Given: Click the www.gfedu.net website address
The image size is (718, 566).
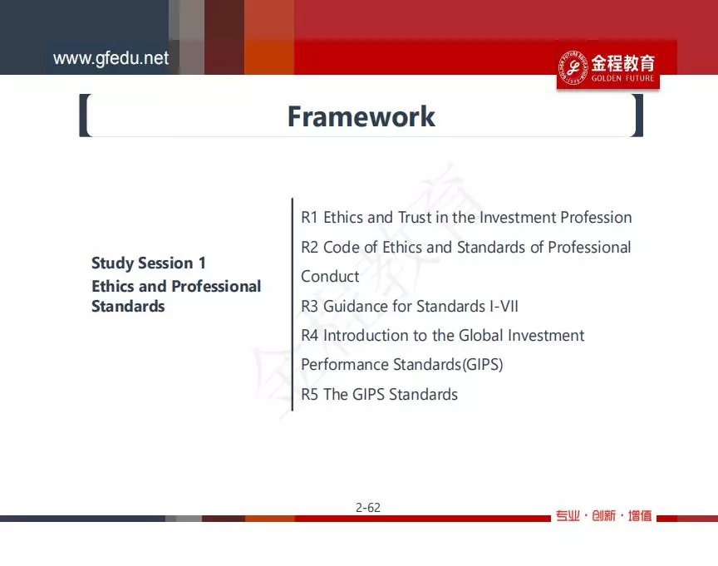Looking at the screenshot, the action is tap(111, 59).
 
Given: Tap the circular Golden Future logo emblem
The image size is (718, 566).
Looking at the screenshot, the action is tap(573, 68).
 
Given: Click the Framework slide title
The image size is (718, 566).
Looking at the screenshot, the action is tap(361, 116).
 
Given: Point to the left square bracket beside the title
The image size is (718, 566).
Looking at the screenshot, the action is tap(85, 116).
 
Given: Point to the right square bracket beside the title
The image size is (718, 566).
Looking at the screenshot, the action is tap(638, 116).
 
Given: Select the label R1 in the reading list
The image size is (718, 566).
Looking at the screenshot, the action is tap(309, 217).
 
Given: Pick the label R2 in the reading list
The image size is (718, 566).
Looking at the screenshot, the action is tap(309, 248).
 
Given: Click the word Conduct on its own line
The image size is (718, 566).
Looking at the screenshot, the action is tap(330, 277).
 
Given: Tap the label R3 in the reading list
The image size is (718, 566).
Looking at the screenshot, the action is tap(309, 306).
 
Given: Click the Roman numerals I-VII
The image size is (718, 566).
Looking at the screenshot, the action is tap(504, 306).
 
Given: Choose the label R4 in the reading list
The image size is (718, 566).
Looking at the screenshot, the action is tap(309, 335).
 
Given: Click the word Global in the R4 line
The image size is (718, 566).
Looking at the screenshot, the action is tap(481, 335).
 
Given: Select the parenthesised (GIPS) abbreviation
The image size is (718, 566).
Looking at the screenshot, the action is tap(483, 365).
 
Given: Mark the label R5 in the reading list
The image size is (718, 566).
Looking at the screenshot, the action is tap(309, 394).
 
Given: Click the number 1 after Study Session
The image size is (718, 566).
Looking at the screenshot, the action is tap(202, 263).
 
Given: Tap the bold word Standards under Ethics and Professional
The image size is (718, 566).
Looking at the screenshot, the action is tap(128, 306).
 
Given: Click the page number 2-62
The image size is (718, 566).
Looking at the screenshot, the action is tap(367, 507).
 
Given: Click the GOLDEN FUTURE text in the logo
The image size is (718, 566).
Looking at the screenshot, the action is tap(622, 78).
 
